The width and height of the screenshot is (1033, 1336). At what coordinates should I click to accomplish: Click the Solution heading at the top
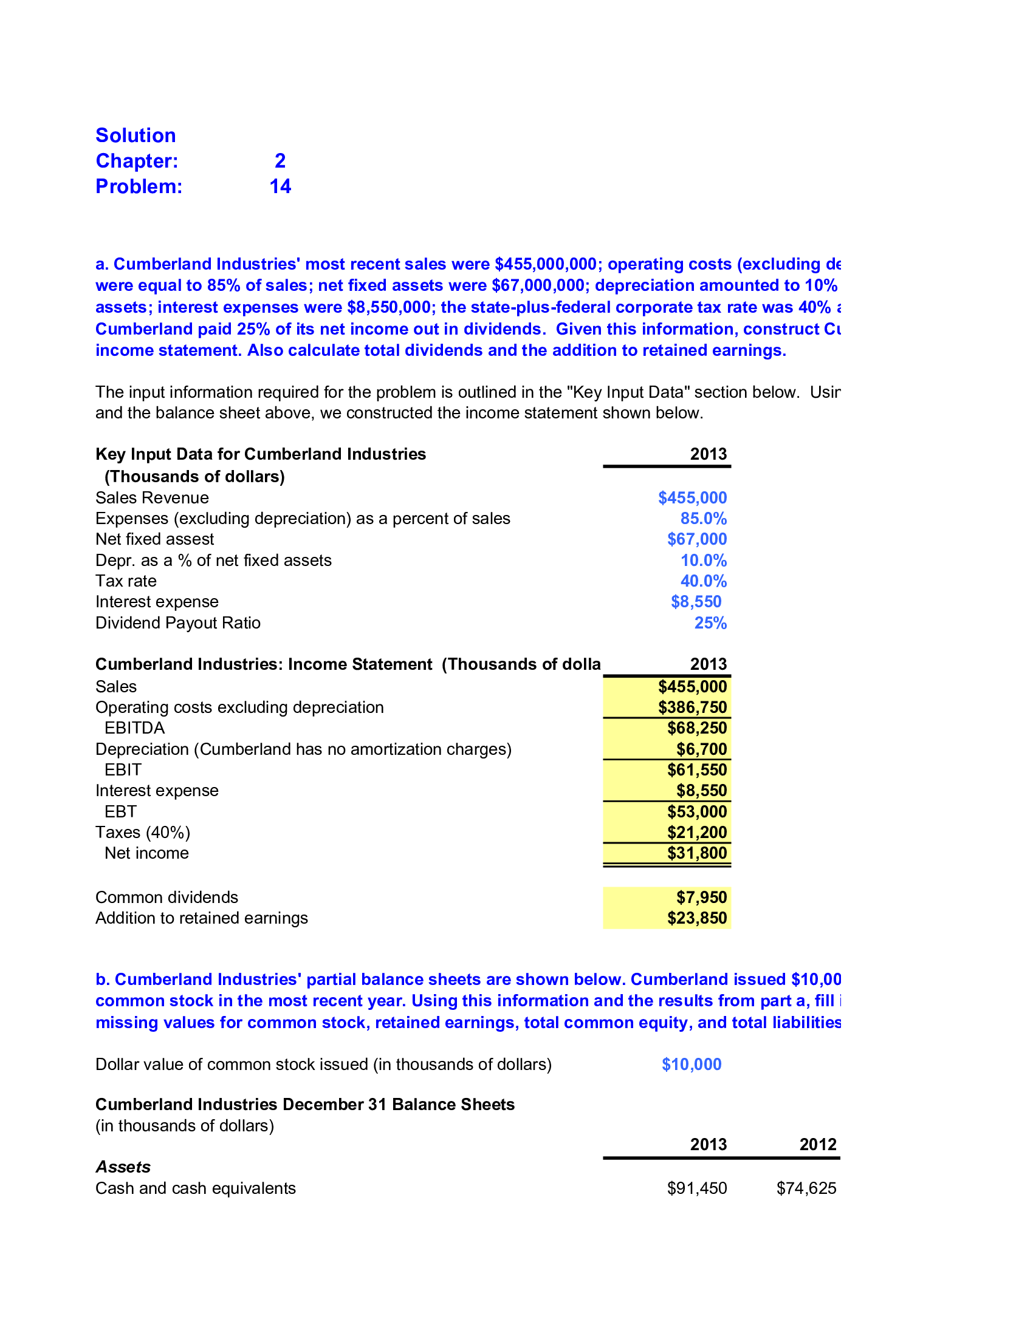coord(136,135)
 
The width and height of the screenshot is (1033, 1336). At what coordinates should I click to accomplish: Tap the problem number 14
coord(280,186)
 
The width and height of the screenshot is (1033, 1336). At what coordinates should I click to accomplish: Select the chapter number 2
coord(280,161)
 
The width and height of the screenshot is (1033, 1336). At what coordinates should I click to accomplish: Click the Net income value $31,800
coord(696,853)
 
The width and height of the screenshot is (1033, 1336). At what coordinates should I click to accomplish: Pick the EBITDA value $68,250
coord(696,728)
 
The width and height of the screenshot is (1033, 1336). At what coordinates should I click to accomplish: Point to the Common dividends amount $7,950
coord(701,898)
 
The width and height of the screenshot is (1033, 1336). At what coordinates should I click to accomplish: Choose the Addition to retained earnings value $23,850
coord(696,918)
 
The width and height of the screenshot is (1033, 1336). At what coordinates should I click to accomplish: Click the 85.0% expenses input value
coord(703,519)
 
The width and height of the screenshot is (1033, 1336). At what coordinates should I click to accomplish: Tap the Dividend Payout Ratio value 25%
coord(710,622)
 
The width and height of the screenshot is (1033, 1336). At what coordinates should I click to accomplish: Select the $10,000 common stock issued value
coord(692,1065)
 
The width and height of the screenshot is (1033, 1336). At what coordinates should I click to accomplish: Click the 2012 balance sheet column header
coord(817,1145)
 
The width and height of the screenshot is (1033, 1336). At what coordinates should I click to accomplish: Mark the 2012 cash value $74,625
coord(806,1188)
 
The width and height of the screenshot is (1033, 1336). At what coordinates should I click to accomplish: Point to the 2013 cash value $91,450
coord(696,1188)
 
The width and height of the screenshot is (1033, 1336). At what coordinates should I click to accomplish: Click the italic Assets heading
coord(123,1167)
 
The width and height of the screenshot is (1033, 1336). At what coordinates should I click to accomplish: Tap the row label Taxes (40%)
coord(143,833)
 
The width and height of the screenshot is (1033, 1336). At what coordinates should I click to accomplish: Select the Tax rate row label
coord(126,581)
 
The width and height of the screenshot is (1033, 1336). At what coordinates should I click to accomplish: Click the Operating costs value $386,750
coord(692,707)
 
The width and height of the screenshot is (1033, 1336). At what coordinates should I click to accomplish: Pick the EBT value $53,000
coord(696,812)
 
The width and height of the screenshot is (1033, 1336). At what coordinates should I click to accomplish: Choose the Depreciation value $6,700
coord(701,749)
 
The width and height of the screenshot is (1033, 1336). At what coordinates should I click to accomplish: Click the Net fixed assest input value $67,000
coord(696,539)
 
